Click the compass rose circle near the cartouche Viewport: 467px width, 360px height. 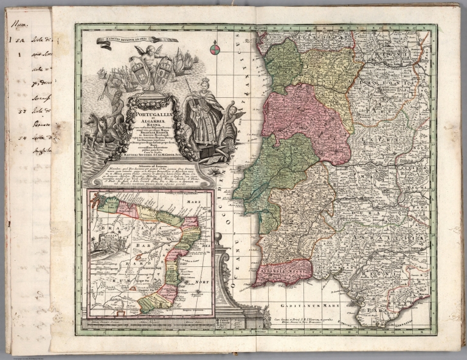click(x=214, y=49)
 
